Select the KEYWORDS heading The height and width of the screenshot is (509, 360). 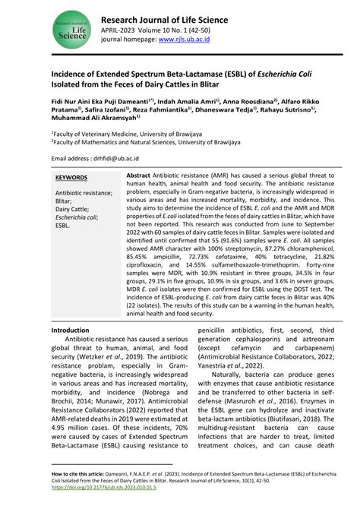[71, 178]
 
